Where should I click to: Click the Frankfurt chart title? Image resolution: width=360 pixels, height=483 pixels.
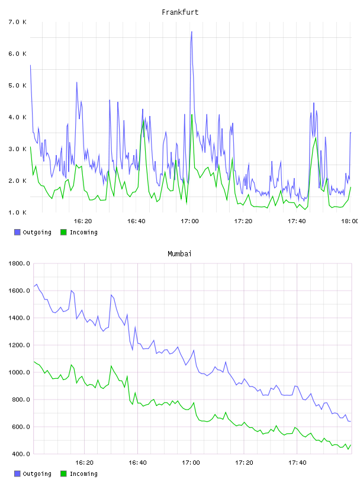pyautogui.click(x=180, y=12)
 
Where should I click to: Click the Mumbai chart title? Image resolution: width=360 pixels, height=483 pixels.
pyautogui.click(x=179, y=254)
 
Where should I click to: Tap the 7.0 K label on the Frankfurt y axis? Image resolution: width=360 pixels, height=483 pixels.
pyautogui.click(x=18, y=22)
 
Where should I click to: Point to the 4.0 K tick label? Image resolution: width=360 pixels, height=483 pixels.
pyautogui.click(x=18, y=117)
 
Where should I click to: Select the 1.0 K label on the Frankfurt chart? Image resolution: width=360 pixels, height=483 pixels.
pyautogui.click(x=18, y=212)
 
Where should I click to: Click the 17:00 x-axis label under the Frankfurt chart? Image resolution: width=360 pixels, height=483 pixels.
pyautogui.click(x=190, y=221)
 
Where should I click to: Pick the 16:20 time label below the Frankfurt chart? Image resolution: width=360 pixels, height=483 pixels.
pyautogui.click(x=83, y=221)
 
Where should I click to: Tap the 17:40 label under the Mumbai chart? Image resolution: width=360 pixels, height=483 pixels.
pyautogui.click(x=297, y=463)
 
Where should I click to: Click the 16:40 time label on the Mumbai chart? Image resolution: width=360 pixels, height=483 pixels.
pyautogui.click(x=137, y=463)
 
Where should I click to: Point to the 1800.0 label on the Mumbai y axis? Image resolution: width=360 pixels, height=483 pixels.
pyautogui.click(x=19, y=263)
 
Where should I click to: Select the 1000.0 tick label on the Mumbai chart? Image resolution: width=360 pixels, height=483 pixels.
pyautogui.click(x=19, y=372)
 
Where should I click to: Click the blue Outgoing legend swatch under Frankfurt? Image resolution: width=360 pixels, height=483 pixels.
pyautogui.click(x=17, y=232)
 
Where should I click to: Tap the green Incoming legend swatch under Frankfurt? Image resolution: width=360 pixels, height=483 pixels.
pyautogui.click(x=63, y=232)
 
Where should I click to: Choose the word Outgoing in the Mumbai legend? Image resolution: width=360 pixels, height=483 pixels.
pyautogui.click(x=37, y=474)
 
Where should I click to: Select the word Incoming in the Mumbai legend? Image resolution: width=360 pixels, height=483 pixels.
pyautogui.click(x=83, y=474)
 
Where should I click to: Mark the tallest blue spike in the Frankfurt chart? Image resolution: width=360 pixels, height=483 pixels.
pyautogui.click(x=191, y=32)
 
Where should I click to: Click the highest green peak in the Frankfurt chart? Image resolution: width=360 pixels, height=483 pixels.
pyautogui.click(x=192, y=115)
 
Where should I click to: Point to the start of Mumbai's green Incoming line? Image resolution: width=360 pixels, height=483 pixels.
pyautogui.click(x=34, y=362)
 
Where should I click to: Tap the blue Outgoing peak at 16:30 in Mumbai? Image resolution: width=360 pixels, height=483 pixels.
pyautogui.click(x=111, y=295)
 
